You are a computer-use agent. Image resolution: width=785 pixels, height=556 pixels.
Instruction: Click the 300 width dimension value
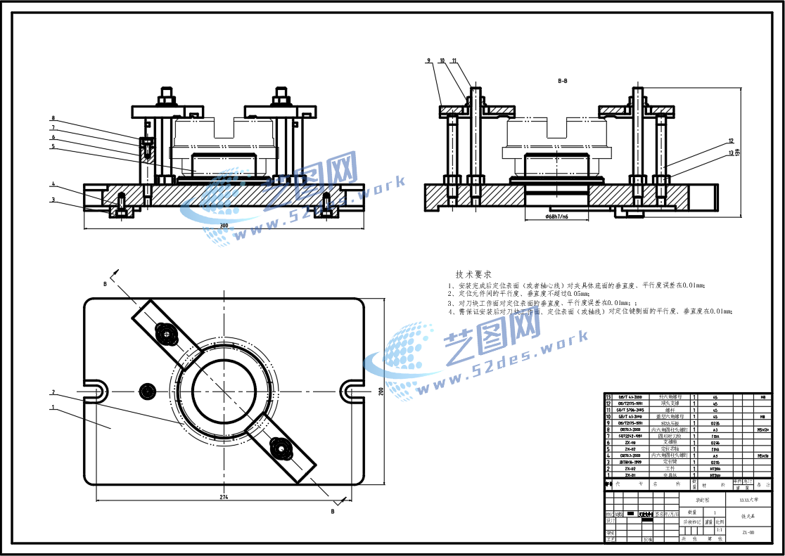[x=224, y=225]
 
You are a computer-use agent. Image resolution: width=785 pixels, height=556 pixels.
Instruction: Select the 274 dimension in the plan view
[x=224, y=496]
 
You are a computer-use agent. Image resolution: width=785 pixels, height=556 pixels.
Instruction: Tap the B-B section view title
[x=563, y=82]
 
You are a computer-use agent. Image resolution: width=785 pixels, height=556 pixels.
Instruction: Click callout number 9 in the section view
[x=428, y=61]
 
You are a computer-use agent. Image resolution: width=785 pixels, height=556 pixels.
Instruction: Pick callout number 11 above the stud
[x=454, y=61]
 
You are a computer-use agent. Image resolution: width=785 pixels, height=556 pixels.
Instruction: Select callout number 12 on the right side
[x=731, y=141]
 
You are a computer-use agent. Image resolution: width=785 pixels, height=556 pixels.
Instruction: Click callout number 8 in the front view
[x=53, y=118]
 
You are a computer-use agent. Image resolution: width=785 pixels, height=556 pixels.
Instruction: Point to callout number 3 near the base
[x=53, y=200]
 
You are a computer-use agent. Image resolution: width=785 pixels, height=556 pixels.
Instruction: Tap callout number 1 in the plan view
[x=53, y=407]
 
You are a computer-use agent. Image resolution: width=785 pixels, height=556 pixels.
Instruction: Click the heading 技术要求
[x=473, y=274]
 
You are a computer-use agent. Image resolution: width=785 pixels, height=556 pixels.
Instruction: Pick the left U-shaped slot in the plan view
[x=96, y=391]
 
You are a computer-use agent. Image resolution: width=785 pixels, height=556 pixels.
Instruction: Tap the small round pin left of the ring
[x=147, y=391]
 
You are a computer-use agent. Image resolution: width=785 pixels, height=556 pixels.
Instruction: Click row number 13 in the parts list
[x=608, y=397]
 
